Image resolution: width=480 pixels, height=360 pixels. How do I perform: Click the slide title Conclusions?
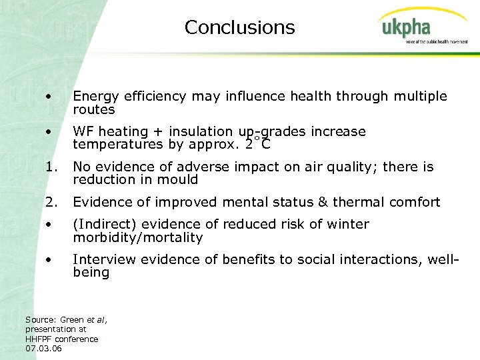pos(239,27)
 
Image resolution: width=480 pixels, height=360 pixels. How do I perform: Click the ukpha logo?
pos(406,29)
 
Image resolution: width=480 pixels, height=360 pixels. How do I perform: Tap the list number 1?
pos(50,167)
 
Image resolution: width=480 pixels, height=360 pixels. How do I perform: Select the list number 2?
pos(50,202)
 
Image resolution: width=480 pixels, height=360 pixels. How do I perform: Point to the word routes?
pos(94,109)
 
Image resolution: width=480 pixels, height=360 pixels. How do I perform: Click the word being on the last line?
pos(91,273)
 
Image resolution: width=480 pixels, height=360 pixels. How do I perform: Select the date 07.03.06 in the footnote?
pos(43,348)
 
